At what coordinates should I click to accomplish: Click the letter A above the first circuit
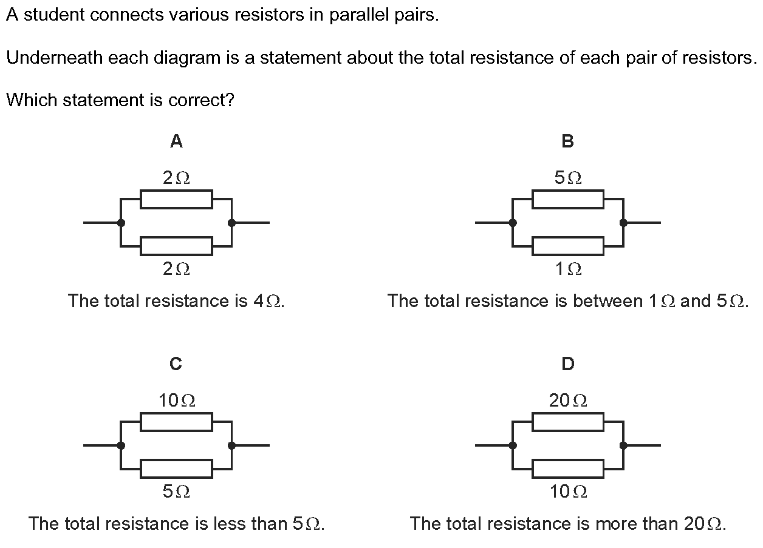[x=176, y=141]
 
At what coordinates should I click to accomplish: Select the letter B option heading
[x=568, y=141]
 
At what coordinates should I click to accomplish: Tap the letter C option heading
[x=176, y=364]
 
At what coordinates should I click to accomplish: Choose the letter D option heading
[x=568, y=364]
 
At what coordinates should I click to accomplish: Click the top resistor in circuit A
[x=176, y=199]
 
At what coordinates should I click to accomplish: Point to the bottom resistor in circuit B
[x=568, y=246]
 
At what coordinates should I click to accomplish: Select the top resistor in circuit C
[x=176, y=422]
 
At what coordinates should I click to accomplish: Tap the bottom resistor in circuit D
[x=568, y=469]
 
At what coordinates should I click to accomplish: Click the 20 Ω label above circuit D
[x=568, y=401]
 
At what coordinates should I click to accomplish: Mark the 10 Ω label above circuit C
[x=177, y=401]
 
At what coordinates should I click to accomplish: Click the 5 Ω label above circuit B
[x=568, y=178]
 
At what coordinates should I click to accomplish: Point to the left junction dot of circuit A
[x=121, y=223]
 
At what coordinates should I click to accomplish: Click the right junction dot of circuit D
[x=623, y=445]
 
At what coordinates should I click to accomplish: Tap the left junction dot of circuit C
[x=121, y=445]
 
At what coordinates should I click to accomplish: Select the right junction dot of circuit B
[x=623, y=223]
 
